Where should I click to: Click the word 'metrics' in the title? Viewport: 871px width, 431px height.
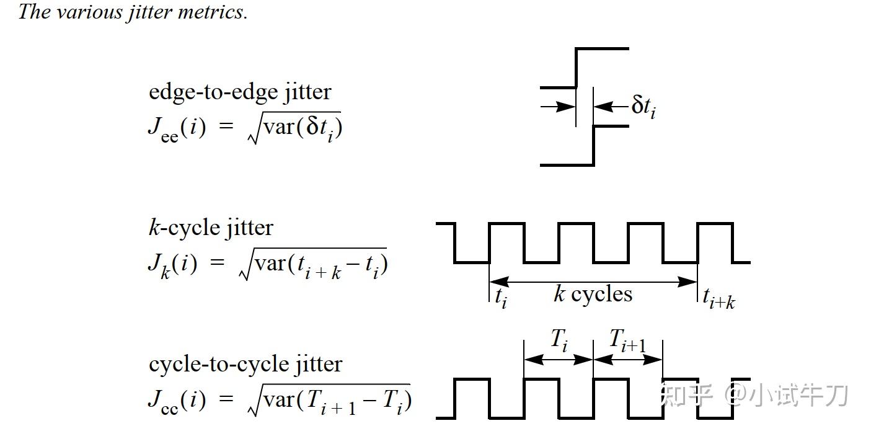[x=212, y=12]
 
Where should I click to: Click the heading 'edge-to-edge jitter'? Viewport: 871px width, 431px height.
[x=240, y=92]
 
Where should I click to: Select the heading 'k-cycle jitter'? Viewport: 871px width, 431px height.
[x=211, y=228]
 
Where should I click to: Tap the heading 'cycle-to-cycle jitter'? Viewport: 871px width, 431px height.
[x=245, y=365]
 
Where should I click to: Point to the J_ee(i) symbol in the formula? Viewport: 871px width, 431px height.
[x=177, y=129]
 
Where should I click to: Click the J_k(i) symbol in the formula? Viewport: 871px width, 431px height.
[x=172, y=265]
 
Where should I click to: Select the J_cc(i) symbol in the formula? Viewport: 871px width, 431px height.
[x=177, y=401]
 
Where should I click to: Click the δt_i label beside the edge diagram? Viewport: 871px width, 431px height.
[x=643, y=106]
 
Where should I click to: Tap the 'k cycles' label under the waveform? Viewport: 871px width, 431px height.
[x=593, y=294]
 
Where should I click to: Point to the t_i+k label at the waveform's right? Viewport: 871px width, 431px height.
[x=719, y=299]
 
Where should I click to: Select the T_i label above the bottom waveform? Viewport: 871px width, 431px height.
[x=559, y=340]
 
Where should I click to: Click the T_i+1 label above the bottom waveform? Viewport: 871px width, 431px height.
[x=627, y=340]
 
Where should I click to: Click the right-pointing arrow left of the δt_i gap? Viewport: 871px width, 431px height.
[x=558, y=106]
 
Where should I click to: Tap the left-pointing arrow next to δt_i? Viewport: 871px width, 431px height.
[x=611, y=106]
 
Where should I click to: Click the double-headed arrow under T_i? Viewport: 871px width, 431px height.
[x=559, y=360]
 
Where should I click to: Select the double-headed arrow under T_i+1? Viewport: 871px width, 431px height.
[x=628, y=360]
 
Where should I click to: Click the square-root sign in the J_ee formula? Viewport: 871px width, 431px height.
[x=255, y=128]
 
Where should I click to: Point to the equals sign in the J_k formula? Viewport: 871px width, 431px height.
[x=217, y=262]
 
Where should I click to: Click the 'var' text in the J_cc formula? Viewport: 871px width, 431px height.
[x=279, y=400]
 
